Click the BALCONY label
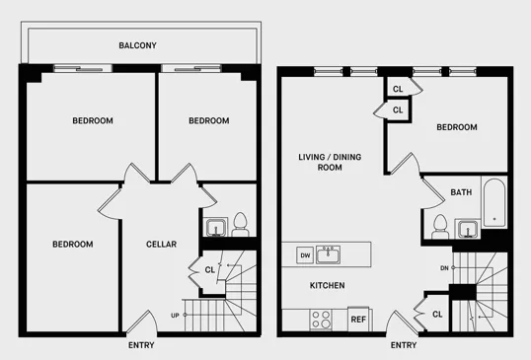138,45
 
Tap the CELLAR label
161,244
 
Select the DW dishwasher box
304,255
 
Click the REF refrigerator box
358,319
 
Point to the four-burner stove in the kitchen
322,319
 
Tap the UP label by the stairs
175,315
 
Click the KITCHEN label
327,285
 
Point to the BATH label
461,192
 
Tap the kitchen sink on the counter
333,254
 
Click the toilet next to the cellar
238,223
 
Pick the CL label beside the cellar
210,268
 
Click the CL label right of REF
437,314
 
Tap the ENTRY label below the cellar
141,345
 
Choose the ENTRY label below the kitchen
403,345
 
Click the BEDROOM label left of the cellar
72,244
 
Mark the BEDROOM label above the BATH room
457,127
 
